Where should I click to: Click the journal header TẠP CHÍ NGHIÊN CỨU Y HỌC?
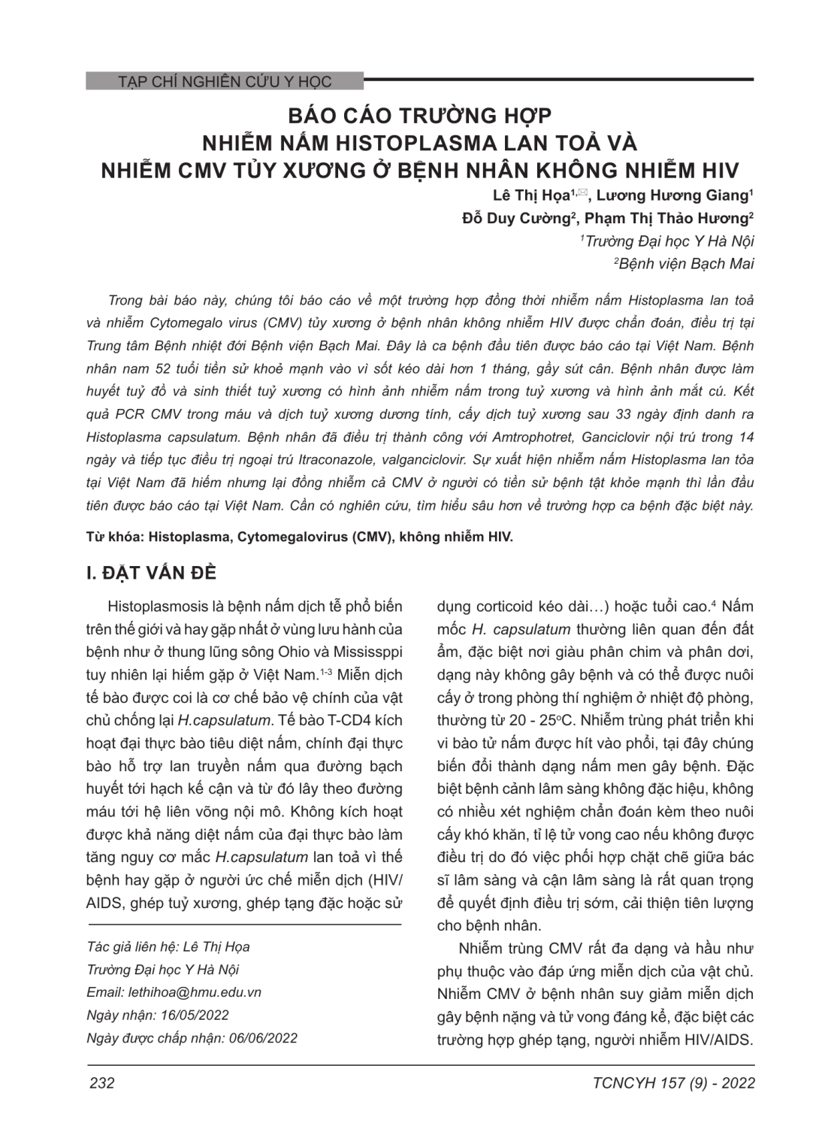[224, 81]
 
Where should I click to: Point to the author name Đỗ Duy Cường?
[516, 219]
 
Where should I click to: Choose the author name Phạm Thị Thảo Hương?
[667, 219]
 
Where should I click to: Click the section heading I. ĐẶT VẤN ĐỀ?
[151, 573]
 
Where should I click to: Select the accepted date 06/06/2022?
[263, 1038]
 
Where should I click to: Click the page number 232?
[101, 1083]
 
